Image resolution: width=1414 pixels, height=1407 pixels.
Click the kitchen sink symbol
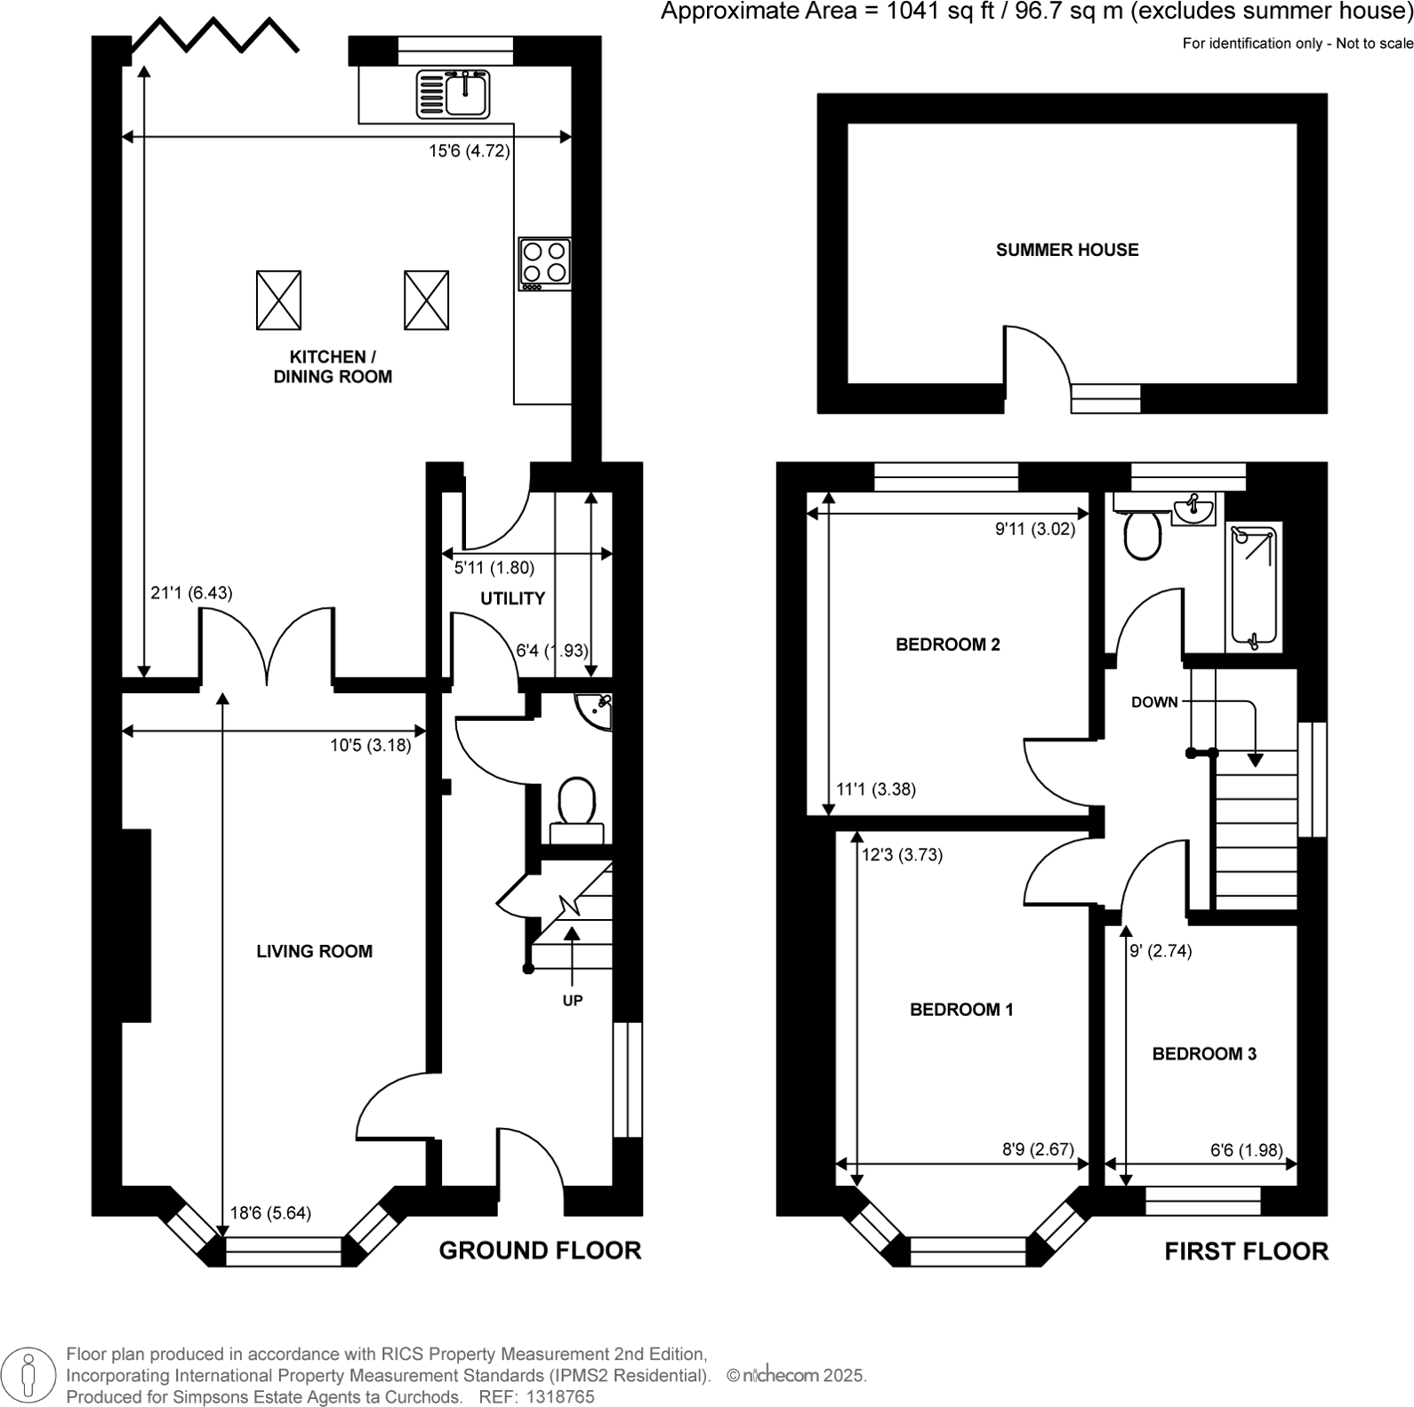(x=453, y=95)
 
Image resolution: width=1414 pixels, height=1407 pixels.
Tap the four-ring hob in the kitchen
(x=544, y=263)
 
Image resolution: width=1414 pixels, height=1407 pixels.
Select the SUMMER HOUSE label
(x=1066, y=250)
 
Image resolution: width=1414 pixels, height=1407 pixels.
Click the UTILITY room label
(x=512, y=598)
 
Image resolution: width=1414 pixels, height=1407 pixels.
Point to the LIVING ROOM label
(x=314, y=951)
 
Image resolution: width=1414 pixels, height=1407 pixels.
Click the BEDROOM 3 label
(x=1203, y=1054)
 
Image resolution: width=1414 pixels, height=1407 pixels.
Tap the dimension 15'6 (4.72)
(x=469, y=151)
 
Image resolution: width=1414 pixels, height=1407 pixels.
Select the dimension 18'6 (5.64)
(x=270, y=1212)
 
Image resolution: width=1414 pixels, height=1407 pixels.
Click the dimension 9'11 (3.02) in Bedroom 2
(x=1034, y=529)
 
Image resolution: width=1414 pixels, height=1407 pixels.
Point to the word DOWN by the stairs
(x=1153, y=702)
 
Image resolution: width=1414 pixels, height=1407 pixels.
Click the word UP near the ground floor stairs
(x=572, y=1001)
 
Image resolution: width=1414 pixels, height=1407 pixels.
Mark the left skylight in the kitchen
(x=278, y=300)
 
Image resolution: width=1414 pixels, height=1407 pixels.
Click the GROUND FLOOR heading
(x=540, y=1251)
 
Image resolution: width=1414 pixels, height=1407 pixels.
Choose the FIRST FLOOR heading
(x=1246, y=1251)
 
